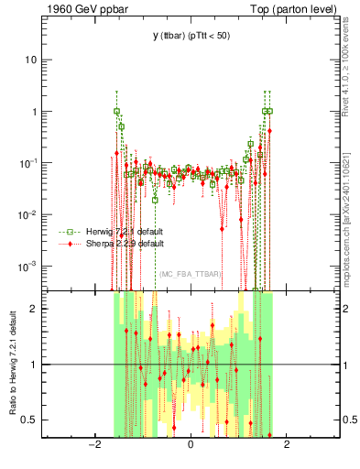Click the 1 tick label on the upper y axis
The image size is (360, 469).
click(x=32, y=112)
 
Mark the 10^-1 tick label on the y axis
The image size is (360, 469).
click(x=27, y=162)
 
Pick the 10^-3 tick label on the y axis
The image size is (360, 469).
click(x=27, y=266)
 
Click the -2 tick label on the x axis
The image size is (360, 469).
click(x=93, y=446)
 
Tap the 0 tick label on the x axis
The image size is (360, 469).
click(x=191, y=446)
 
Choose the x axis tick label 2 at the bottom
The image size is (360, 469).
click(x=287, y=446)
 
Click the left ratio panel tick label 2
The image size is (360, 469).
click(x=33, y=309)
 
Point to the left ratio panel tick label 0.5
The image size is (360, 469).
click(x=28, y=420)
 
